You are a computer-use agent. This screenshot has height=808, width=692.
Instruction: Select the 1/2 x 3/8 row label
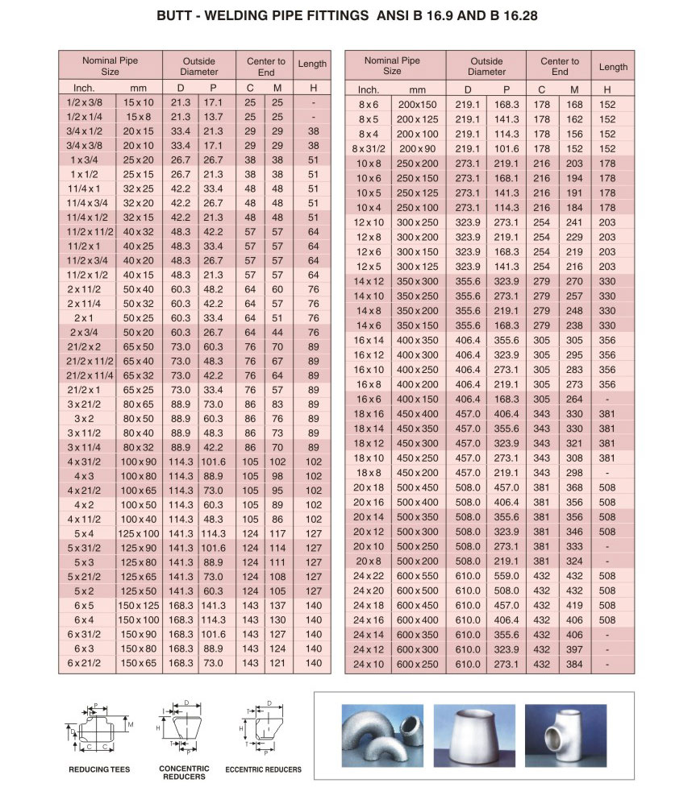[x=84, y=102]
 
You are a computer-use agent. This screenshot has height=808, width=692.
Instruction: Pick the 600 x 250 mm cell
[x=417, y=664]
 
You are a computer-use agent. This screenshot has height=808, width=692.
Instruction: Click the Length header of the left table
[x=312, y=64]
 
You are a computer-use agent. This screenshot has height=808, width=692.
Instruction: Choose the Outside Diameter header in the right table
[x=486, y=66]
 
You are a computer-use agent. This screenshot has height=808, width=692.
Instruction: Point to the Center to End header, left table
[x=265, y=66]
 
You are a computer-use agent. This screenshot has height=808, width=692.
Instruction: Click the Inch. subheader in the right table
[x=369, y=89]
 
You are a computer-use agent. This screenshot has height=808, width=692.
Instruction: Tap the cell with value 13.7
[x=213, y=117]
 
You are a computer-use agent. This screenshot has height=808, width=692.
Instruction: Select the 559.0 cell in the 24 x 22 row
[x=506, y=576]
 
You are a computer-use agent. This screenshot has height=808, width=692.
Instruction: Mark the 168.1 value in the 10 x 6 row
[x=506, y=178]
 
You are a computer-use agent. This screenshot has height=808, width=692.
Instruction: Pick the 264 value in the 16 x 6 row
[x=574, y=399]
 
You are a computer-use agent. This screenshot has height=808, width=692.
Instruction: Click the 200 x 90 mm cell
[x=417, y=148]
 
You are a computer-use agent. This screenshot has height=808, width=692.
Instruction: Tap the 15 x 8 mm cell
[x=138, y=117]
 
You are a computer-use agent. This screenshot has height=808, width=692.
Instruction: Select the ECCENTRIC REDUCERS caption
[x=263, y=769]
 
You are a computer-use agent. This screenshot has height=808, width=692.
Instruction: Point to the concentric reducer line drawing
[x=185, y=729]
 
